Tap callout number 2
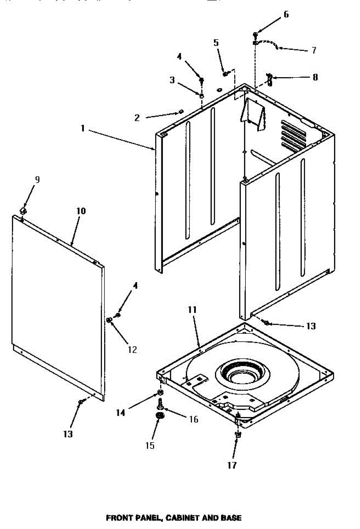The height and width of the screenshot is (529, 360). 137,118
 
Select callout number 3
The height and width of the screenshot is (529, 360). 172,80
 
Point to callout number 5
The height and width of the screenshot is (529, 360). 216,43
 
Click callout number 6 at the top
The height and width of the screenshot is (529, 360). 286,15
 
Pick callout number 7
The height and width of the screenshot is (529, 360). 313,50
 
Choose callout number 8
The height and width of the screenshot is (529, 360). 315,77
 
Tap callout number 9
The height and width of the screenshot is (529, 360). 37,179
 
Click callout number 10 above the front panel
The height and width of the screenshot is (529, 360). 81,211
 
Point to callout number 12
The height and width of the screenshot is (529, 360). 132,350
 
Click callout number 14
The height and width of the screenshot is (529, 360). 120,413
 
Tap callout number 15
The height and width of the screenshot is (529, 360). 150,445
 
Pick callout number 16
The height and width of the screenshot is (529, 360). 193,419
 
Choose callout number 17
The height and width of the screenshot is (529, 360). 232,465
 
